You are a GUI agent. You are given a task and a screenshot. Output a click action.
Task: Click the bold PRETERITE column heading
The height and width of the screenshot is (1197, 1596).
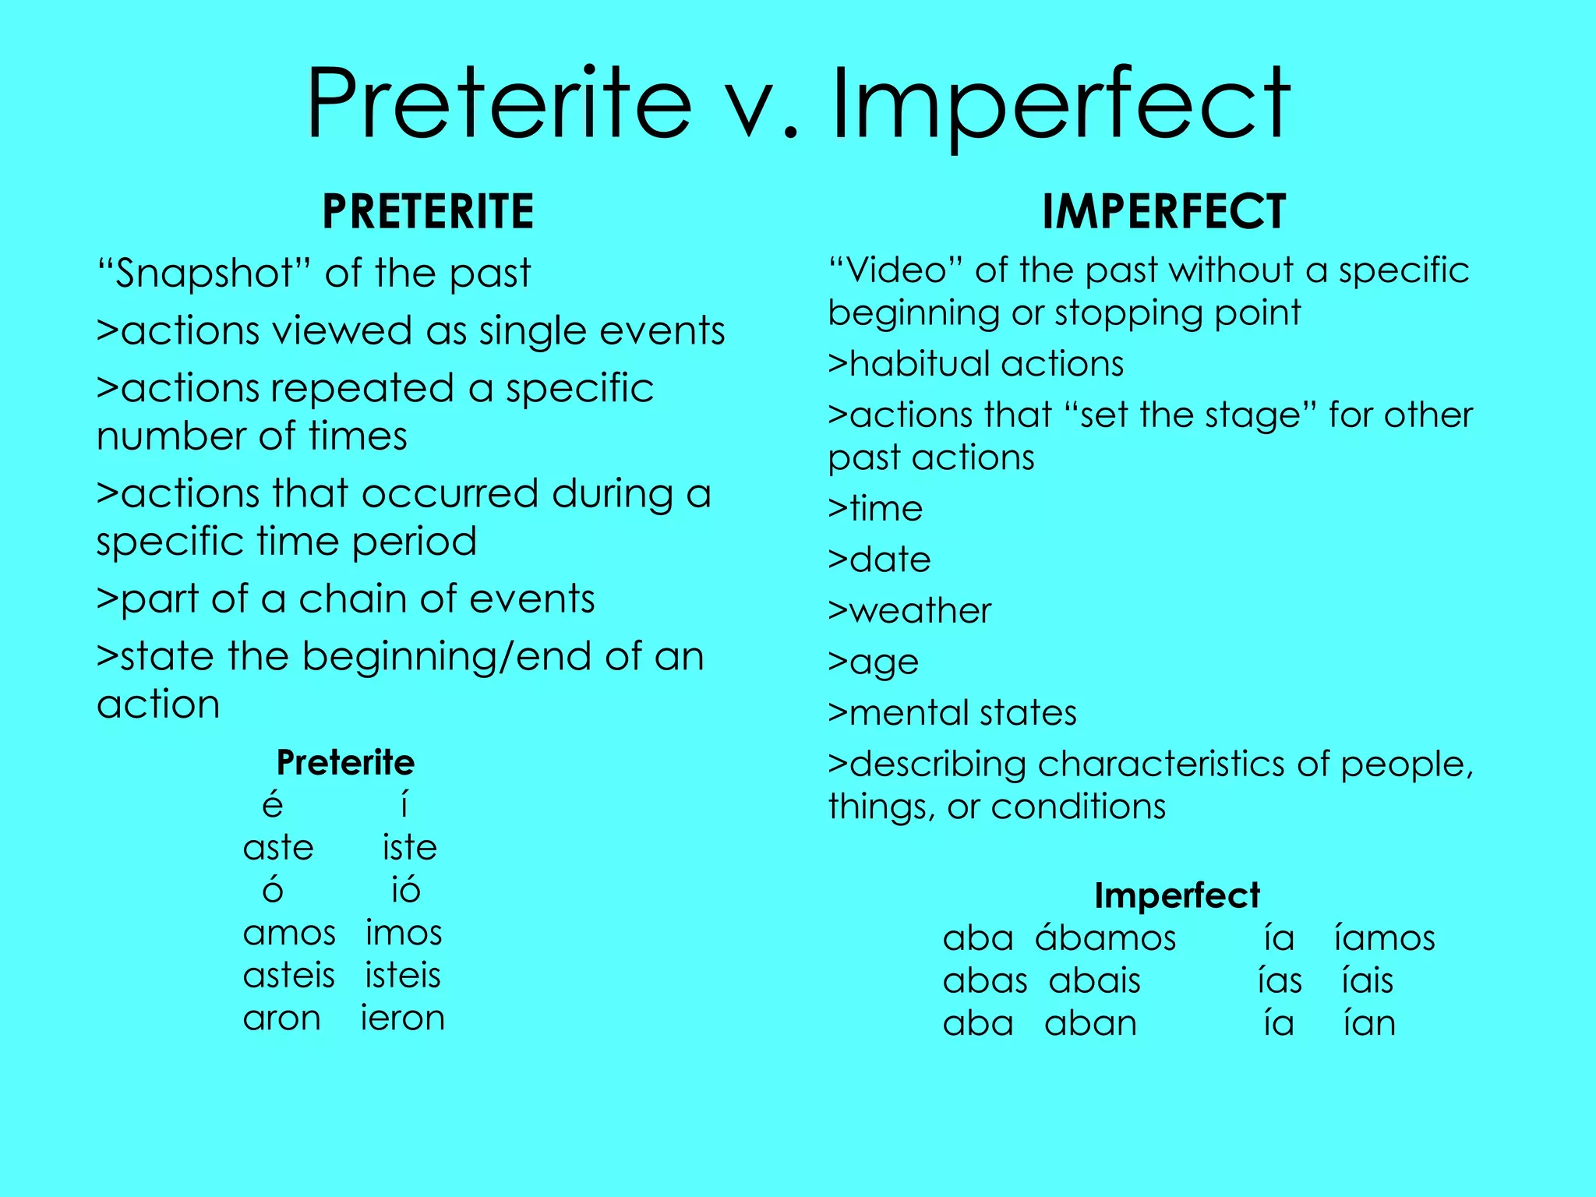428,211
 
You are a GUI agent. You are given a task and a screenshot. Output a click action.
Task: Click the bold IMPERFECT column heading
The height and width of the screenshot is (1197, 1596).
1163,211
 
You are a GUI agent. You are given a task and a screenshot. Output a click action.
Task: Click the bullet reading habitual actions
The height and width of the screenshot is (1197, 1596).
976,364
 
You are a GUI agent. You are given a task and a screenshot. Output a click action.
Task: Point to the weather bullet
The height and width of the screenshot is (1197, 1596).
909,611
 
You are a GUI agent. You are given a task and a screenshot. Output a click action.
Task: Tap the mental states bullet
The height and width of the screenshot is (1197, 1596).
952,713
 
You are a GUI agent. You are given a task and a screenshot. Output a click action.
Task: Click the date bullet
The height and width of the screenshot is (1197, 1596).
879,560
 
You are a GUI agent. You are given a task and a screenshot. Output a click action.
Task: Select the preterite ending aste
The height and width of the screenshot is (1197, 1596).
278,848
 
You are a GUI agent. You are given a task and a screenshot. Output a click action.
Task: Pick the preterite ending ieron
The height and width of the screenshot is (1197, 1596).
402,1019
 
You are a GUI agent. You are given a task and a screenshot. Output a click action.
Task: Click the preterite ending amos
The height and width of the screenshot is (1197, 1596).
289,933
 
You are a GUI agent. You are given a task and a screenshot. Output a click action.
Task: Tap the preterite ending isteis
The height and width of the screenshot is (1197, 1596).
403,976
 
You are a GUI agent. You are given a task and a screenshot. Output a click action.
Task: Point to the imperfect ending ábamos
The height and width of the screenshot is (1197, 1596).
1105,937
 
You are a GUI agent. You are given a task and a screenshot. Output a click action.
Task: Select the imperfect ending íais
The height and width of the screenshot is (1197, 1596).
1367,980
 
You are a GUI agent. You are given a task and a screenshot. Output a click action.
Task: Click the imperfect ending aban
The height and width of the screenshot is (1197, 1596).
1090,1023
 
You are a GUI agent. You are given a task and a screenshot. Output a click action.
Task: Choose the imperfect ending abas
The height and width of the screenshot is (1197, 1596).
985,980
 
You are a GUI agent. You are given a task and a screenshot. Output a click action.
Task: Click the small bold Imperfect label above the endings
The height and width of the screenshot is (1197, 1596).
1177,895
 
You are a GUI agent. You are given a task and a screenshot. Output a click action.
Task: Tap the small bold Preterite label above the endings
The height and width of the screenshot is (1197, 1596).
345,762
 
